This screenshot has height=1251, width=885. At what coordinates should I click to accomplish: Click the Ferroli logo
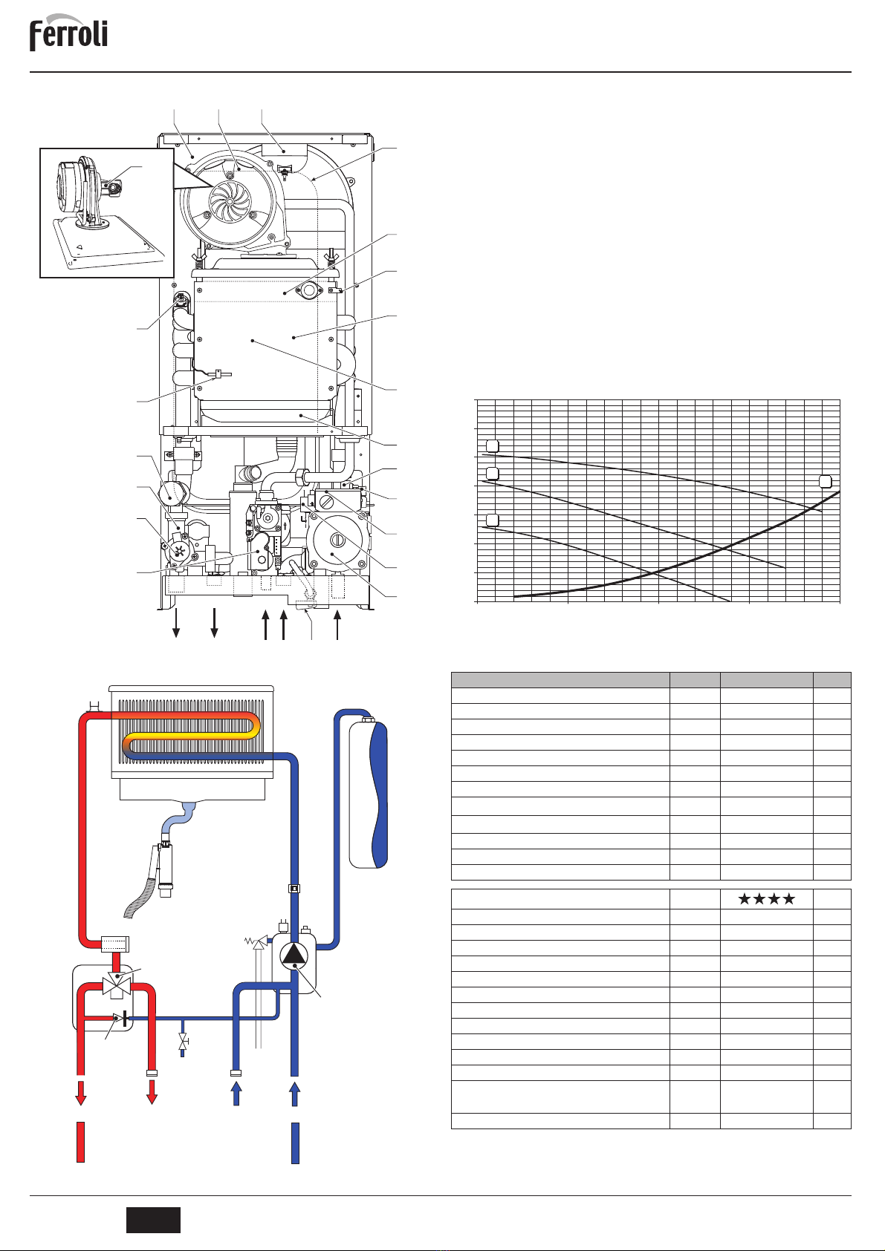(68, 33)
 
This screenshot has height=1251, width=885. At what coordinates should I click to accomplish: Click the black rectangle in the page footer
(153, 1220)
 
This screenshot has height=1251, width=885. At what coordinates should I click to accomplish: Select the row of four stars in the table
(766, 899)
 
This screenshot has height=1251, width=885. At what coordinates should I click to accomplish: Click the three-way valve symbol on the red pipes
(116, 987)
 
